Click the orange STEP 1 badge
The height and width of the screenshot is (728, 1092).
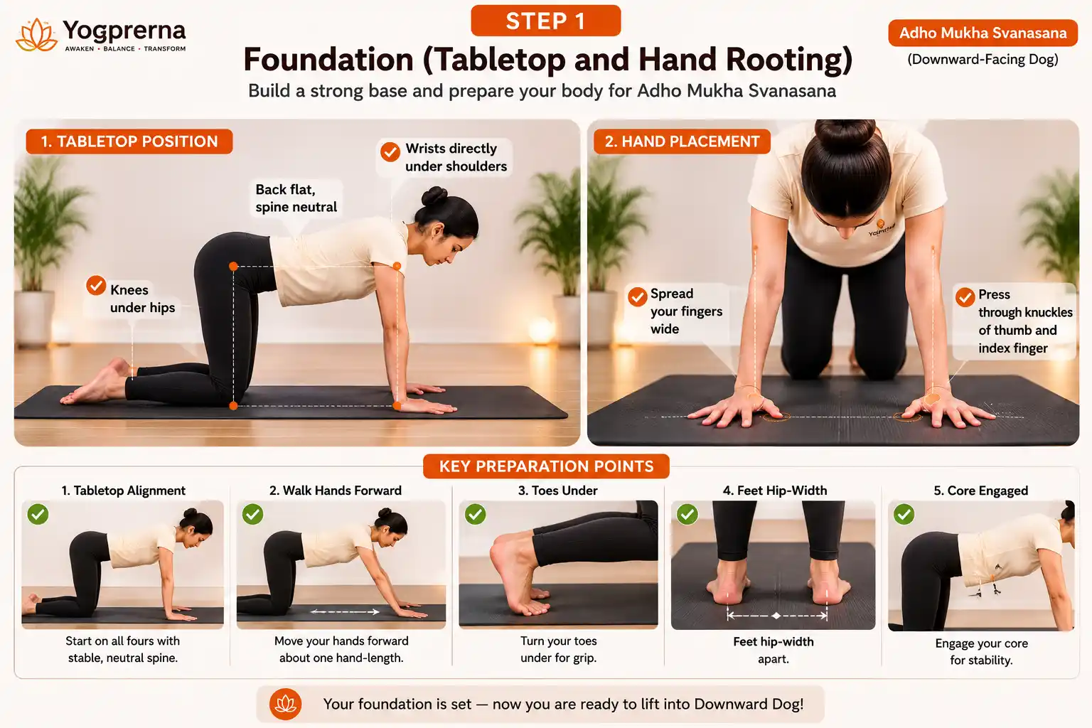tap(545, 21)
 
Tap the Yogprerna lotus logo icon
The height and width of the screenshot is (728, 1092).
tap(36, 35)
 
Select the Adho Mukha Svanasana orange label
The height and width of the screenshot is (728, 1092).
tap(983, 33)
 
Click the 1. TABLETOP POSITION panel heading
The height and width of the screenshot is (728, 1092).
tap(129, 141)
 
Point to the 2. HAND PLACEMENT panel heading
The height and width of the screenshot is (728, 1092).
tap(682, 141)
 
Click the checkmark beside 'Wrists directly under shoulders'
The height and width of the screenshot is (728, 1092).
tap(390, 151)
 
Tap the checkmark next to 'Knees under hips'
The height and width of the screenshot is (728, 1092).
tap(96, 286)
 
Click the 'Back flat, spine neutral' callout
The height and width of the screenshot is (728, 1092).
tap(296, 198)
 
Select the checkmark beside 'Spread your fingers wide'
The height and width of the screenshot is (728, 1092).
tap(637, 296)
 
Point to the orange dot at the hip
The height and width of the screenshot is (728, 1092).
tap(233, 266)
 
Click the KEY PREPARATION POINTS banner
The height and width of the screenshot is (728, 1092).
tap(546, 466)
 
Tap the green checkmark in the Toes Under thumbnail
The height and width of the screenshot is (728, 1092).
tap(476, 514)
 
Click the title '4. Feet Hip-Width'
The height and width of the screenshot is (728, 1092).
tap(775, 491)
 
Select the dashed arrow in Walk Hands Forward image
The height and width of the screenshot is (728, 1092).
tap(345, 612)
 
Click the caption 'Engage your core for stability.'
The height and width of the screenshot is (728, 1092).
tap(981, 651)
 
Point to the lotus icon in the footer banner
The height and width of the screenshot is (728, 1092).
tap(286, 704)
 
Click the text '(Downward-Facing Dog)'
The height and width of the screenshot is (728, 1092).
tap(983, 60)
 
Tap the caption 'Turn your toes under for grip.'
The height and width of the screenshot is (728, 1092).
tap(559, 649)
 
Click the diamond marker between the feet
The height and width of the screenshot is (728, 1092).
tap(776, 616)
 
